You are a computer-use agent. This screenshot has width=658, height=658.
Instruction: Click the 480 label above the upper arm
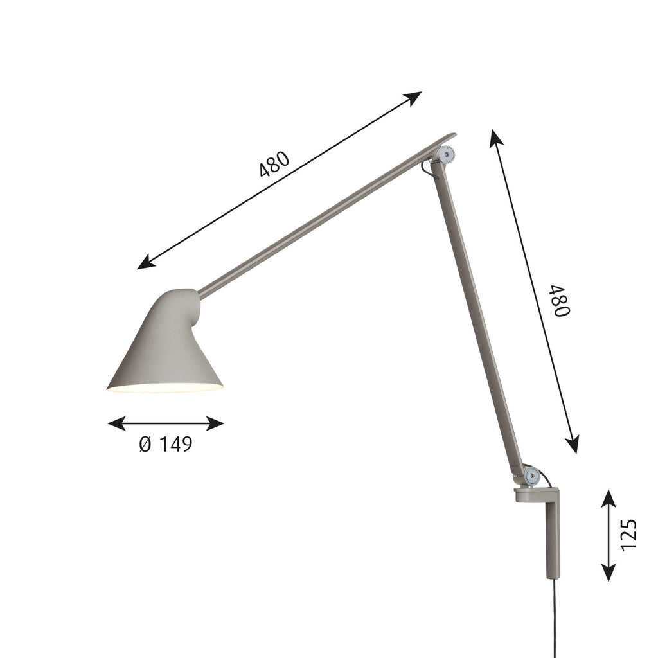coord(274,164)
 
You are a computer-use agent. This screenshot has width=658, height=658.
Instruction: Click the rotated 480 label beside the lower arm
coord(562,301)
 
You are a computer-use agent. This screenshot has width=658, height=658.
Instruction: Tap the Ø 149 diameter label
coord(166,444)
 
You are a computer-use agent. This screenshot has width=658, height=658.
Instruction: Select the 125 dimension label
coord(628,535)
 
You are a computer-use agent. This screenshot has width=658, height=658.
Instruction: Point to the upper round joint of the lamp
coord(446,154)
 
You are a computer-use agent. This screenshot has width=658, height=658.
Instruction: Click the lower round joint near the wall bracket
coord(532,476)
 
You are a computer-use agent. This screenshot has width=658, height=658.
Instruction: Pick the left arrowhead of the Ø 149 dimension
coord(117,423)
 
